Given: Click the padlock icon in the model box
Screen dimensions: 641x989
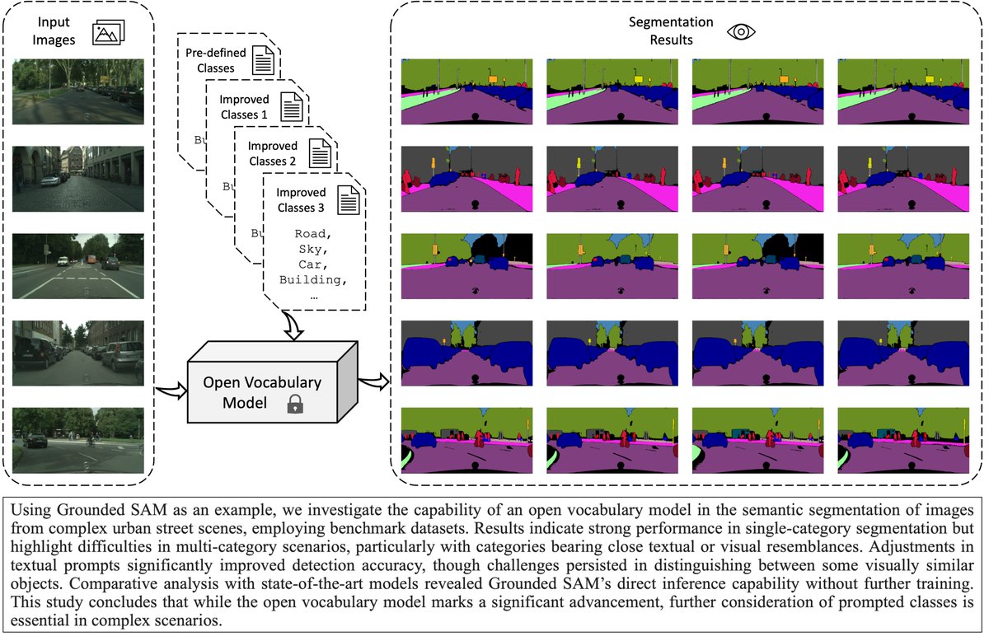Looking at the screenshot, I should point(294,404).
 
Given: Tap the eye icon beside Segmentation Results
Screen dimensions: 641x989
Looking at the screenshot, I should point(740,31).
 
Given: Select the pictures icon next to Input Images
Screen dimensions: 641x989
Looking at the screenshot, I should point(108,32).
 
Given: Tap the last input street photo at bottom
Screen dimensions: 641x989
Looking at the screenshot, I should point(78,440).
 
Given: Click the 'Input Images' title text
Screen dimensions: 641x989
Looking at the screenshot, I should point(54,32).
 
